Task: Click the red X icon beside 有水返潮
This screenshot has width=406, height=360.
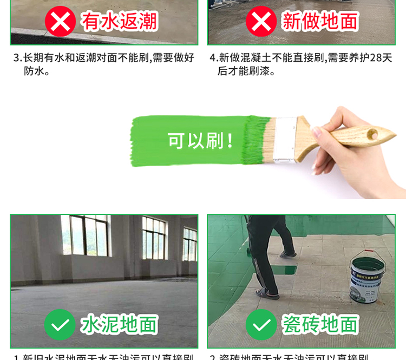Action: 60,21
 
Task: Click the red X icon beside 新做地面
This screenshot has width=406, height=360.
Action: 261,21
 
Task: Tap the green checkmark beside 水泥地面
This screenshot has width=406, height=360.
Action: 60,324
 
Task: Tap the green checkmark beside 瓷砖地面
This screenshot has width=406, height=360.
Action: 261,324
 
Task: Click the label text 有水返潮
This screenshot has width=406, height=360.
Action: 119,21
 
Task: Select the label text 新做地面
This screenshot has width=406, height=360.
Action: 320,21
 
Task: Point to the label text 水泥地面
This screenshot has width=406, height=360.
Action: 119,324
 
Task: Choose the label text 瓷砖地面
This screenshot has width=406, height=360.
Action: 320,324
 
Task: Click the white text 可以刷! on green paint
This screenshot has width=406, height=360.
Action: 201,141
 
